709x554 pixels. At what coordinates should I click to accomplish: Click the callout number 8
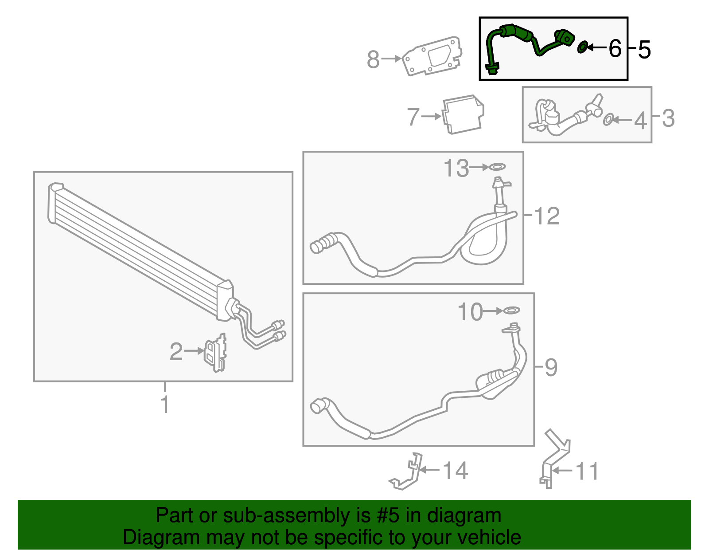[x=373, y=59]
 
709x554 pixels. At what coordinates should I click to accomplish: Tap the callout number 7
[x=413, y=117]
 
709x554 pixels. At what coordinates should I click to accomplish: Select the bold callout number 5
[x=644, y=49]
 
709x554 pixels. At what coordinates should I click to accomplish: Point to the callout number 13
[x=456, y=168]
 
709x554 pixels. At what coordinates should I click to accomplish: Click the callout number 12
[x=547, y=216]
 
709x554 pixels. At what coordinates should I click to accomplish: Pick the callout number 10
[x=470, y=312]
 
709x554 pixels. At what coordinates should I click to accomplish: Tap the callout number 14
[x=455, y=471]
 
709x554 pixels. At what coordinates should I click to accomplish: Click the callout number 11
[x=587, y=471]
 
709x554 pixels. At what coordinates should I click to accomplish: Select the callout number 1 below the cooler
[x=165, y=404]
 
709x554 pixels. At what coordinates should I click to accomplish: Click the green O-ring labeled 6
[x=583, y=47]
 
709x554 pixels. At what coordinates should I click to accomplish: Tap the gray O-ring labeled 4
[x=608, y=120]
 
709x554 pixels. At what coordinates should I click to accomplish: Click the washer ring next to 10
[x=512, y=310]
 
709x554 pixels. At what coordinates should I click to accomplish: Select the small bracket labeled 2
[x=215, y=353]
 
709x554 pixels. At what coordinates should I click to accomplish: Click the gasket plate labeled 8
[x=432, y=56]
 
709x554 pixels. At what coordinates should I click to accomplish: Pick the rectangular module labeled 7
[x=463, y=114]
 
